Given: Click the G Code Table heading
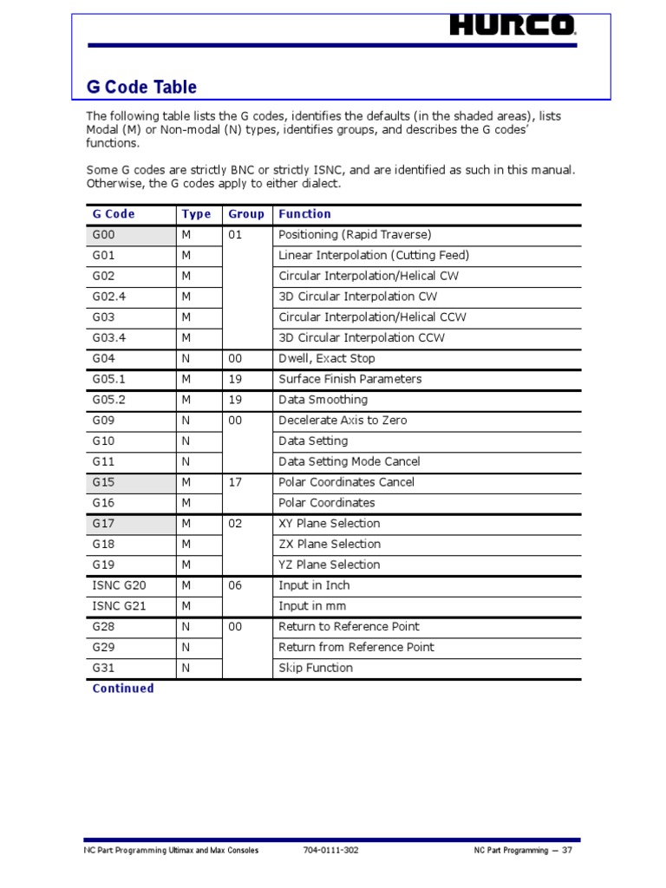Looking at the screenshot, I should point(141,87).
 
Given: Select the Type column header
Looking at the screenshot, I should point(196,214).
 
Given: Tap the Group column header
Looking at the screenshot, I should point(246,214).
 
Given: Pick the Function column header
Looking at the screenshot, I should point(304,214).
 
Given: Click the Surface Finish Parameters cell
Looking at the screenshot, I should point(349,379).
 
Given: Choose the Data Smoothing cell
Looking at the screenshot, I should point(323,400).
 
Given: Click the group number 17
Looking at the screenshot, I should point(236,482).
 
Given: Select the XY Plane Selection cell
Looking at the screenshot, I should point(330,524).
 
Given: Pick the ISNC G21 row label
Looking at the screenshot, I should point(119,606).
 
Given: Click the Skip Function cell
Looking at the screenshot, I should point(316,668).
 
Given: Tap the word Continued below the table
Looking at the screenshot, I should point(123,689).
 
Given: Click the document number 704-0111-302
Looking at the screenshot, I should point(331,851).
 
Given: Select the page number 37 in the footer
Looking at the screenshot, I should point(567,851).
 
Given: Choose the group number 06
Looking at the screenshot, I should point(236,585).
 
